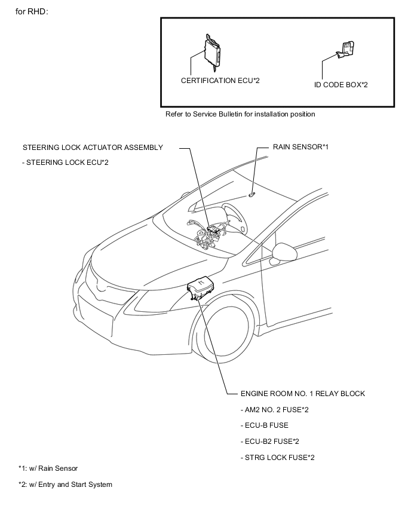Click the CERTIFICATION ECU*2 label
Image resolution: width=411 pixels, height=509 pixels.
coord(220,80)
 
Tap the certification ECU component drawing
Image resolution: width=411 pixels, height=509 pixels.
coord(213,51)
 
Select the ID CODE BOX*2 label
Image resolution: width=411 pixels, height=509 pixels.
coord(341,85)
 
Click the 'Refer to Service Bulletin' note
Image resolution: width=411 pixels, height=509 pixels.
coord(240,114)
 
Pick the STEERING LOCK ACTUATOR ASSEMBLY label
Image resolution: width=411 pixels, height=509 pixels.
coord(93,148)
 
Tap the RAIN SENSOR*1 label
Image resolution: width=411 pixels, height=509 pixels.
coord(301,146)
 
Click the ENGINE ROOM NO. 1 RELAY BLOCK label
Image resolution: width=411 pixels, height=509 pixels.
coord(303,394)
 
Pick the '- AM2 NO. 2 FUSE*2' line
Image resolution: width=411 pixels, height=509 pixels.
coord(274,409)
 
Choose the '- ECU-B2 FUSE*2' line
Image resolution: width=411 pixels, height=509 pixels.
coord(270,441)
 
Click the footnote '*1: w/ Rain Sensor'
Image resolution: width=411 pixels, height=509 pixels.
coord(48,468)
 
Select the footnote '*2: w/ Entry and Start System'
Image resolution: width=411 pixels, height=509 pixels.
coord(65,485)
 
